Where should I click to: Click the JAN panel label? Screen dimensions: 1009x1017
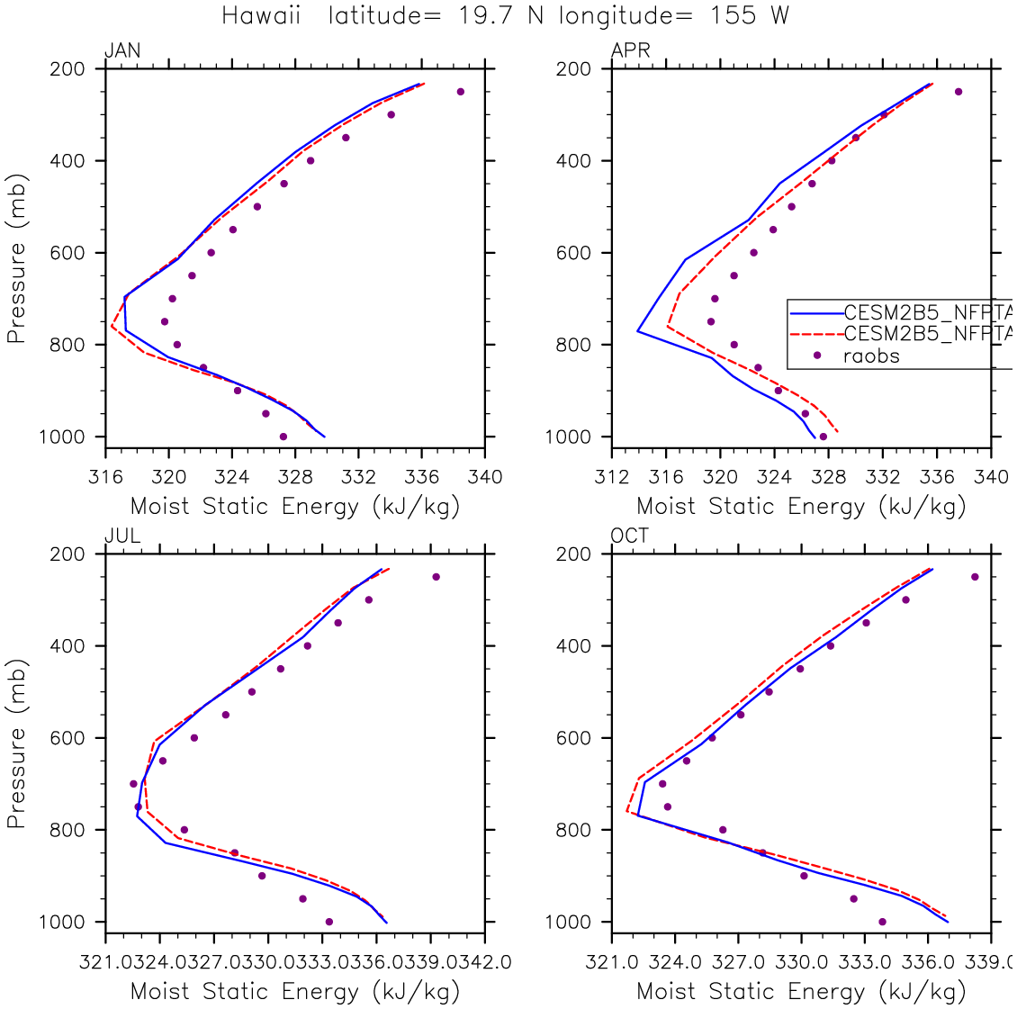122,51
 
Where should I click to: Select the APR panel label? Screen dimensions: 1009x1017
630,51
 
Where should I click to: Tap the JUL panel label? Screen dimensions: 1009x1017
122,536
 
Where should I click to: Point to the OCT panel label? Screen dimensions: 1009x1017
630,536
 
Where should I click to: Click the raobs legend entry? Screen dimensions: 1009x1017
871,356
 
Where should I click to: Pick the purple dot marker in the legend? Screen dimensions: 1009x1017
817,356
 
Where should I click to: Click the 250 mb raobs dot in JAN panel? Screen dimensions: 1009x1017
461,92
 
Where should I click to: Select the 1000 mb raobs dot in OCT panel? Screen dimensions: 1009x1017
882,922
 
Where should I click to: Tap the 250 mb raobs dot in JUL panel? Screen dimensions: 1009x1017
436,577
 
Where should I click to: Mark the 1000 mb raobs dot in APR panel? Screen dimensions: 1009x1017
823,437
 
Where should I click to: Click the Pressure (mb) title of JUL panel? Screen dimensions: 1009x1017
16,743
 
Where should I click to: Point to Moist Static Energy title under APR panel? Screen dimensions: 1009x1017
801,506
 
